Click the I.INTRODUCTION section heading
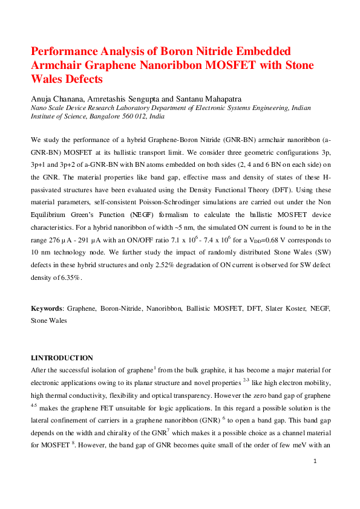(x=62, y=358)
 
